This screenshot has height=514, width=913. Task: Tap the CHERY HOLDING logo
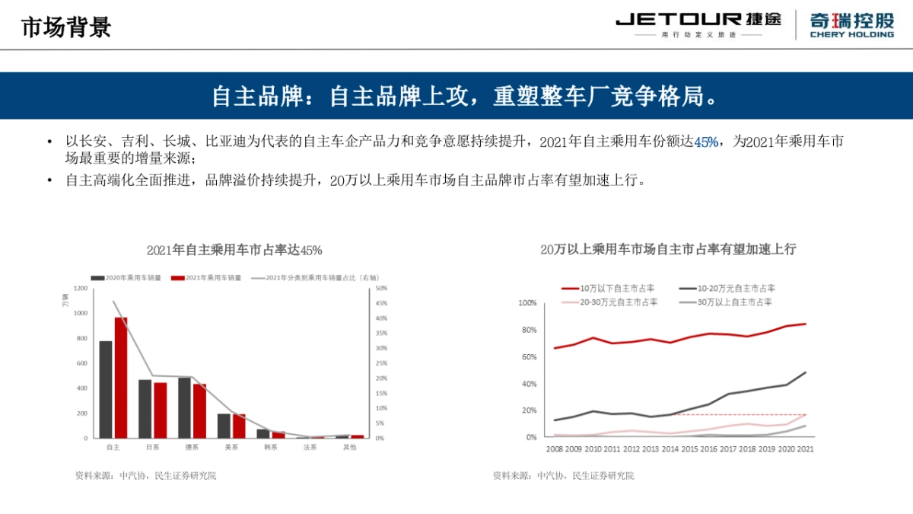coord(851,24)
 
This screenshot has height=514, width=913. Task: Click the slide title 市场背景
coord(66,27)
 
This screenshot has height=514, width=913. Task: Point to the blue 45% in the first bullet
coord(706,142)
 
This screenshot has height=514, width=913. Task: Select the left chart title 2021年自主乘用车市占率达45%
coord(234,250)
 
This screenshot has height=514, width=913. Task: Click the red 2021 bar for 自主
coord(121,377)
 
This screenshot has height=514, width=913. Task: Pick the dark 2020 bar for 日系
coord(145,408)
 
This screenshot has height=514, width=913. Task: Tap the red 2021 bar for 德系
coord(200,410)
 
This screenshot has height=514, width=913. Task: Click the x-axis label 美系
coord(231,447)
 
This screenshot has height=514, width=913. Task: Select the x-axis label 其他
coord(349,447)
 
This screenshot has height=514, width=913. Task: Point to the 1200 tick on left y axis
coord(80,289)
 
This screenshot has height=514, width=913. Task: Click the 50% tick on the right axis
coord(381,289)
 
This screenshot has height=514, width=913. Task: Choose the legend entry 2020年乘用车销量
coord(126,278)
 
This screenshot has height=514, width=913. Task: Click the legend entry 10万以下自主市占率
coord(609,289)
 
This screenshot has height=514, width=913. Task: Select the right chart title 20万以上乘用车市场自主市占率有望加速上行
coord(668,250)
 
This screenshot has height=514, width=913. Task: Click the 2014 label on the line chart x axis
coord(669,449)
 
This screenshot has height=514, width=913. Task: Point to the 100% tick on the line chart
coord(527,303)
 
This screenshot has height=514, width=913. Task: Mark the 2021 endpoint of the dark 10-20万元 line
coord(805,372)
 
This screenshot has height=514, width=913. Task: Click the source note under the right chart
coord(563,476)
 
